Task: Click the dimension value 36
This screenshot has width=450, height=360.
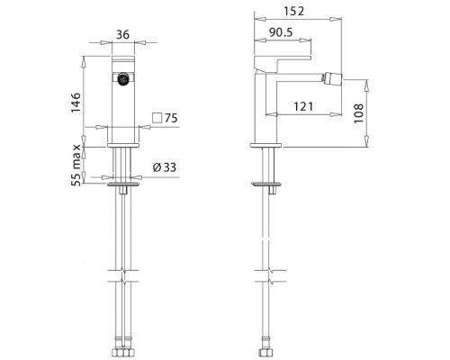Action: click(x=122, y=34)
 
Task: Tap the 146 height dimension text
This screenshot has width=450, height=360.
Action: click(x=76, y=103)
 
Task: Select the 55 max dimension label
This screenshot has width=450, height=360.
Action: click(x=76, y=166)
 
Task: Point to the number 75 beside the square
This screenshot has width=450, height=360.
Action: click(x=171, y=118)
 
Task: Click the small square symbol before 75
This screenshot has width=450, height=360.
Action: click(x=157, y=118)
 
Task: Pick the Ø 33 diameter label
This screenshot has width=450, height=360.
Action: click(x=165, y=167)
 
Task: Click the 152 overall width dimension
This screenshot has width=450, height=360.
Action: click(x=294, y=11)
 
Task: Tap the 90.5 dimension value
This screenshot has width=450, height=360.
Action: click(x=281, y=32)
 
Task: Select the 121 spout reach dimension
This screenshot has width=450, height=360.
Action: click(x=303, y=106)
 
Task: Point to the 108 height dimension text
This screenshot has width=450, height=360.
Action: click(x=358, y=113)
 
